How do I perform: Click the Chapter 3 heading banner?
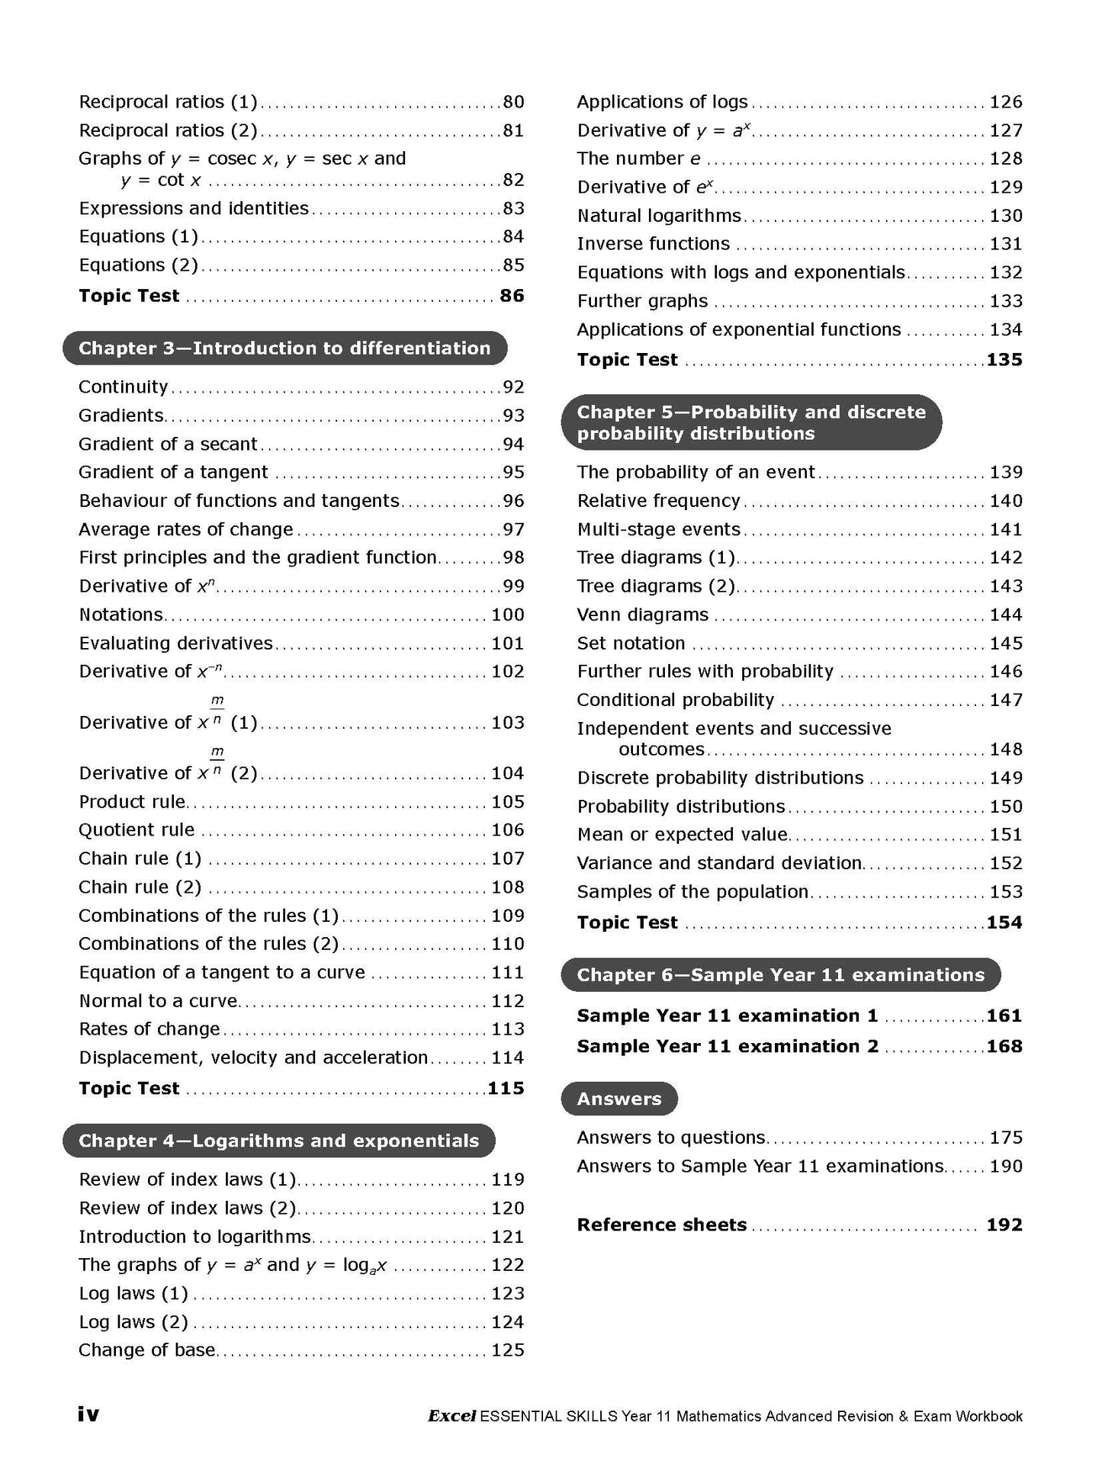[284, 348]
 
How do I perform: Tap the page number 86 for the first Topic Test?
[512, 296]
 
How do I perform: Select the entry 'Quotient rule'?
[137, 830]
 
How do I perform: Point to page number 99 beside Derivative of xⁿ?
[513, 586]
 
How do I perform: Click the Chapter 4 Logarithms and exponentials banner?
[278, 1141]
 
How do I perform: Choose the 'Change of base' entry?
[146, 1350]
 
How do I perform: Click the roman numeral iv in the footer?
[88, 1414]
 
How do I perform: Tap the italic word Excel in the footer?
[451, 1417]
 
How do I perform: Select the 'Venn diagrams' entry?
[642, 615]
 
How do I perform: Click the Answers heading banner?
[618, 1099]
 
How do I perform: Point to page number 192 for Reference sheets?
[1004, 1225]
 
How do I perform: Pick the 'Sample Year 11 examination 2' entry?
[727, 1047]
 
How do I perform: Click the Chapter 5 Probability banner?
[750, 422]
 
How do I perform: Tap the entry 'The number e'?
[638, 159]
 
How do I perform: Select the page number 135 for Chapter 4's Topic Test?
[1004, 360]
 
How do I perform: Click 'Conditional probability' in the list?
[675, 700]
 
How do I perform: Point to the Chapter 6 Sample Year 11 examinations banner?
[780, 975]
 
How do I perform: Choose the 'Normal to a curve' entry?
[158, 1001]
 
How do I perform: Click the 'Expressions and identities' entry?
[194, 208]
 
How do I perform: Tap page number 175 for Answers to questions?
[1006, 1138]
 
